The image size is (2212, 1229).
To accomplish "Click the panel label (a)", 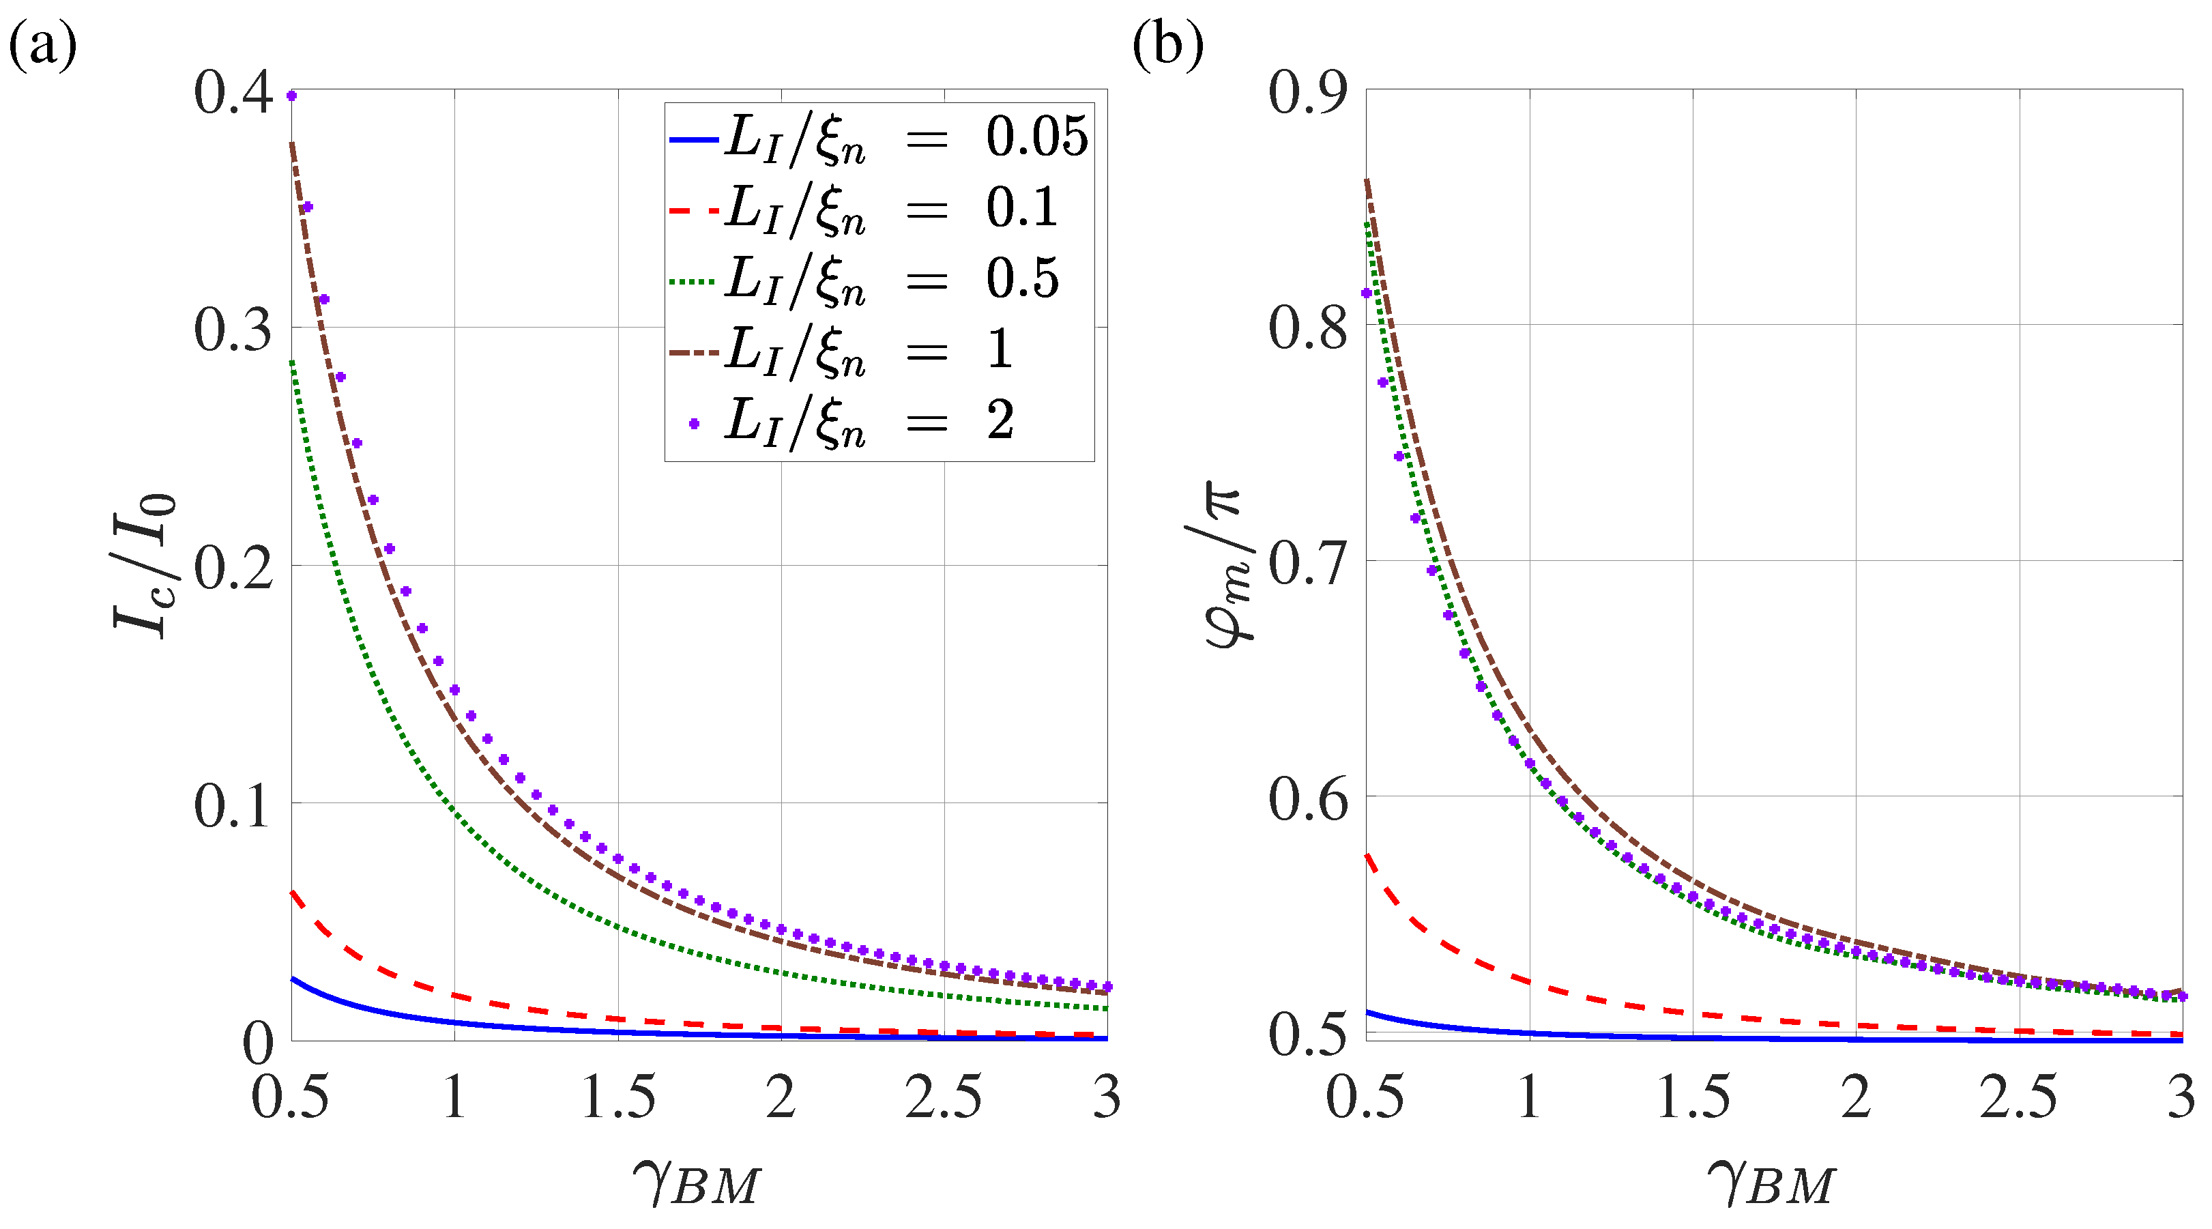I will coord(43,44).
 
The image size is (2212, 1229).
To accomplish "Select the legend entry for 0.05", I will coord(880,137).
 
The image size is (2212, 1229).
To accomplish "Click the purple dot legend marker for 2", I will coord(694,423).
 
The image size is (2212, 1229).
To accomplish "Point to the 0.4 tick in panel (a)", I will coord(233,92).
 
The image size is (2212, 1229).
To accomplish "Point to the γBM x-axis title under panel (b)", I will coord(1771,1182).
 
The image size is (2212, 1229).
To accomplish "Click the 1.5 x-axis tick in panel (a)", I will coord(618,1097).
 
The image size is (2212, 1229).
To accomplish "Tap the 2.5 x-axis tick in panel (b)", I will coord(2018,1097).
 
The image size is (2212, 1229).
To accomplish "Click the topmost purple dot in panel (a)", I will coord(292,96).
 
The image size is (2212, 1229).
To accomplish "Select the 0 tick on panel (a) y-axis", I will coord(258,1043).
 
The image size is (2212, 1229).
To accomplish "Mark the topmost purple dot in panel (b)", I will coord(1366,293).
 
